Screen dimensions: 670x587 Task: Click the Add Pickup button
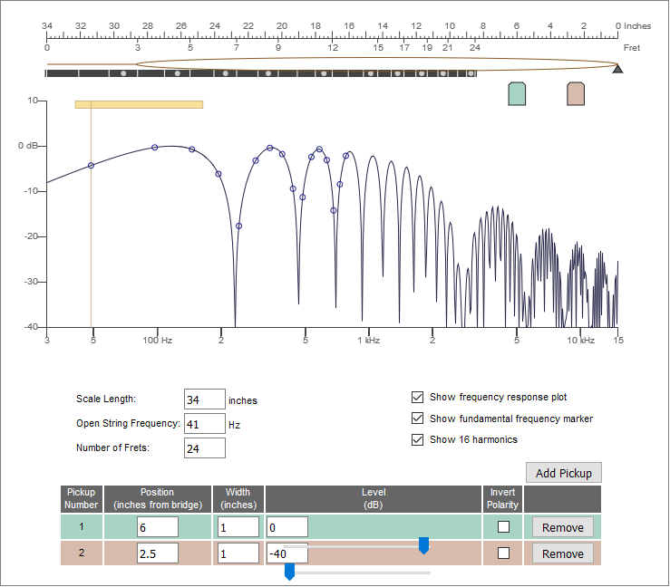click(x=564, y=473)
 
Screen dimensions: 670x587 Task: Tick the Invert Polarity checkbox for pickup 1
click(x=503, y=527)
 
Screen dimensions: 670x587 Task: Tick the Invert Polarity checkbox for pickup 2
click(x=503, y=553)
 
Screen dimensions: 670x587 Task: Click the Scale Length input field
click(x=205, y=399)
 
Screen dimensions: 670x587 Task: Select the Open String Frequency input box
click(x=205, y=424)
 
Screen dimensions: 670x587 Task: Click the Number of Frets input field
click(x=205, y=448)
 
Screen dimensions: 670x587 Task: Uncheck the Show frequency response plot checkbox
click(x=417, y=397)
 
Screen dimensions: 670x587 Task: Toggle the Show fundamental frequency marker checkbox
click(x=417, y=419)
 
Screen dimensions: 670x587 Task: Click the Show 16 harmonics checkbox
click(x=417, y=439)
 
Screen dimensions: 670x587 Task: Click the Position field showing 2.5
click(x=158, y=553)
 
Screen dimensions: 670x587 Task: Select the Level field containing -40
click(x=287, y=553)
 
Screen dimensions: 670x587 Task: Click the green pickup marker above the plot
click(x=517, y=94)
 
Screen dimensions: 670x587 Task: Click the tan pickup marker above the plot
click(x=576, y=94)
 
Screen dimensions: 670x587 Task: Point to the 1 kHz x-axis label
click(x=369, y=341)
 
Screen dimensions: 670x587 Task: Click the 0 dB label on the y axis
click(x=28, y=146)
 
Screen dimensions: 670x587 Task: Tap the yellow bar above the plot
click(x=139, y=104)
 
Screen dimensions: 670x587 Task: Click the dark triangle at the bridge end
click(x=617, y=69)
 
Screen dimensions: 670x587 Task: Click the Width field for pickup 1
click(x=238, y=527)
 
